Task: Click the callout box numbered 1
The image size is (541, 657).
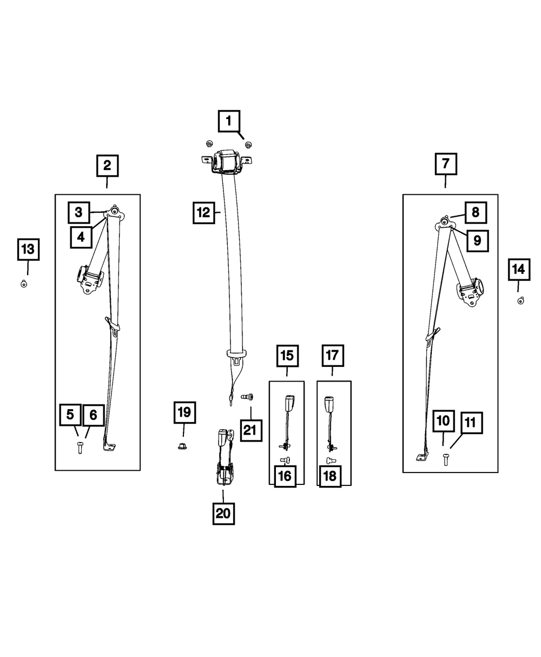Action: pyautogui.click(x=229, y=121)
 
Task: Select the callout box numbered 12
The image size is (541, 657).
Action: pyautogui.click(x=203, y=213)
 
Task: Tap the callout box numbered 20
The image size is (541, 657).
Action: pyautogui.click(x=223, y=513)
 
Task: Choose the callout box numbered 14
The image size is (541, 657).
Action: pyautogui.click(x=518, y=269)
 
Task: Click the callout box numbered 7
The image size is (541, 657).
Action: pyautogui.click(x=445, y=163)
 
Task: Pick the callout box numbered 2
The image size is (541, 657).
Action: pyautogui.click(x=107, y=165)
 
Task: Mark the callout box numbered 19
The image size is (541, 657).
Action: pyautogui.click(x=184, y=413)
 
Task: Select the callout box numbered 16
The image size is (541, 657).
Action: pyautogui.click(x=285, y=476)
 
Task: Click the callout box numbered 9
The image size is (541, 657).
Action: pyautogui.click(x=477, y=240)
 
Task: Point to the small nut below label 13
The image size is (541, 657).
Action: pyautogui.click(x=24, y=284)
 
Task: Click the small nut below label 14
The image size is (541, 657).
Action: pyautogui.click(x=520, y=300)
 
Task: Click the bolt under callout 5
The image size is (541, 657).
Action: pyautogui.click(x=80, y=448)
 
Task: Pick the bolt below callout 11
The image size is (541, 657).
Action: pyautogui.click(x=446, y=460)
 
